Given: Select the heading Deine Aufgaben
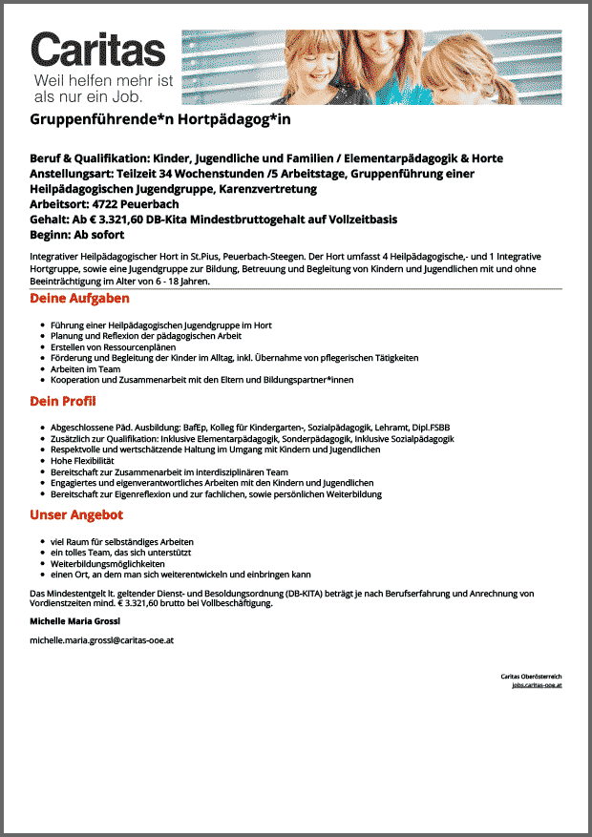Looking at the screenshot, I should coord(79,300).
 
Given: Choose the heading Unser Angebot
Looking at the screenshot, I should coord(76,515).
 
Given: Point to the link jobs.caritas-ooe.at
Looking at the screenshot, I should coord(537,685).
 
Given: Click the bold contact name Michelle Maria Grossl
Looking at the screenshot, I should coord(75,620).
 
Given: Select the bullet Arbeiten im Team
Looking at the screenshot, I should coord(85,368).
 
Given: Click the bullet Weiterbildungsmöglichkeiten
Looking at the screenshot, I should coord(108,564).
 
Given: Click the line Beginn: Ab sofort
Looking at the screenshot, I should coord(77,235).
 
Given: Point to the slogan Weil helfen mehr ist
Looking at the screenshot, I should coord(104,81).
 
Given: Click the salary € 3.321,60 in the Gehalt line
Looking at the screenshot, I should coord(117,220).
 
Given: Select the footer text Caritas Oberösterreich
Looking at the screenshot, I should coord(531,677).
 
